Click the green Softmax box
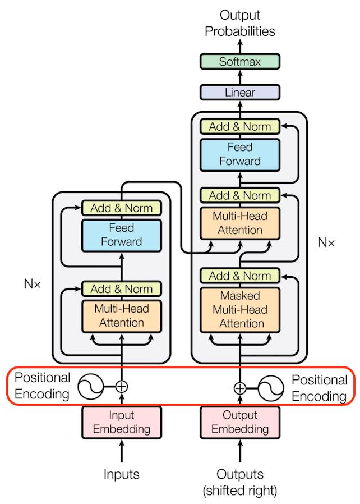239,62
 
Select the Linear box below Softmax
239,92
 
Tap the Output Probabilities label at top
239,24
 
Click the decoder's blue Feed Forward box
239,154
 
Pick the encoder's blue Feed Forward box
122,235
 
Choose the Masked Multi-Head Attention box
239,309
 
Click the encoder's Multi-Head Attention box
122,315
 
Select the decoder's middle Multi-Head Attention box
239,223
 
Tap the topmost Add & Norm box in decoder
239,126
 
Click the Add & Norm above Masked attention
239,276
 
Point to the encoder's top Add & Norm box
122,208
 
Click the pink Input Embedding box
122,422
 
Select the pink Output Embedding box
239,422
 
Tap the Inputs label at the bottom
122,474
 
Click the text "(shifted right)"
239,491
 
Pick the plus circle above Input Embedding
122,386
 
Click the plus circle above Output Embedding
240,388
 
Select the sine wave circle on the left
91,386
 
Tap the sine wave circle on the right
271,388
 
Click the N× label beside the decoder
326,242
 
